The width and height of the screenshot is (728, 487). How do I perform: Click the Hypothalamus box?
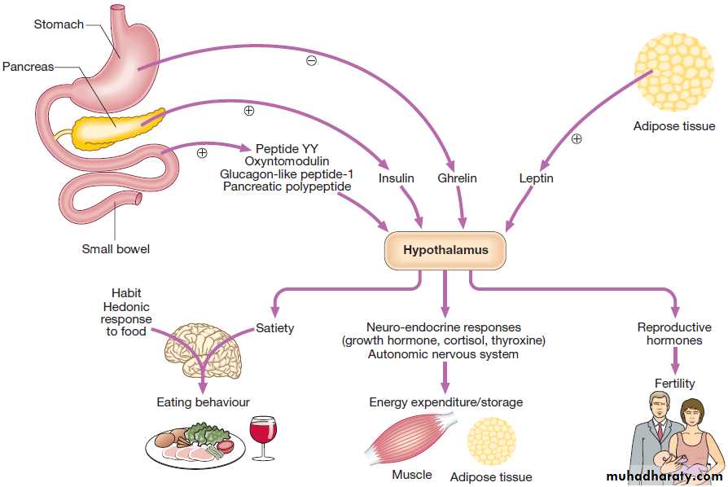click(445, 250)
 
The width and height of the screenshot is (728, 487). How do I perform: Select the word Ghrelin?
click(457, 178)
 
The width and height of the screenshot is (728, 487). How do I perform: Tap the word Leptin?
click(536, 178)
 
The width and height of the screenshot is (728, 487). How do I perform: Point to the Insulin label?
click(397, 178)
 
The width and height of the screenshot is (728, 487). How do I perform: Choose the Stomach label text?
click(59, 24)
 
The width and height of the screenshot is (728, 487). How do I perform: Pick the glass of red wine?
click(263, 436)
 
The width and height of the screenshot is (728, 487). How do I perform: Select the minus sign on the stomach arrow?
click(311, 61)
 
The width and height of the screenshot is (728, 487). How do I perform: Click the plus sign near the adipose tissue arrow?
click(577, 138)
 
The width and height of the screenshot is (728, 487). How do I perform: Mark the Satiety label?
click(274, 329)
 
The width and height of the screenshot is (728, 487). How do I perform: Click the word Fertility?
click(674, 383)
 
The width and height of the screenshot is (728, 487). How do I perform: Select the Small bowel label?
click(116, 249)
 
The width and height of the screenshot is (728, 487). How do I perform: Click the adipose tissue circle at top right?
click(673, 71)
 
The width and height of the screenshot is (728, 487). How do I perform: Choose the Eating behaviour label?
click(203, 402)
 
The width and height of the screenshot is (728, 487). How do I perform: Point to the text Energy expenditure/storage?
click(445, 402)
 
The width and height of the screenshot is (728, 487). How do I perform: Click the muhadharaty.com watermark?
click(664, 476)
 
